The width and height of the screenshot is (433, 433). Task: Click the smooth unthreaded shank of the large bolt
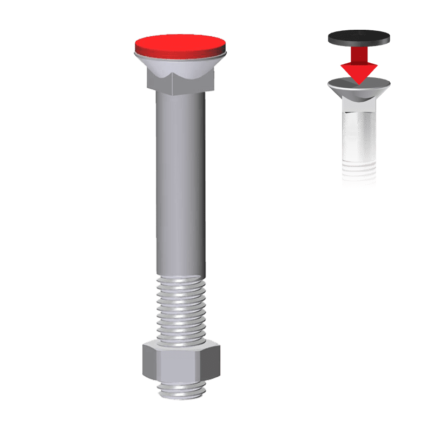(180, 184)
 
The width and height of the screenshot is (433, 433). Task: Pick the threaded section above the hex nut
(180, 309)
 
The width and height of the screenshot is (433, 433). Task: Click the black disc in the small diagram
(359, 38)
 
